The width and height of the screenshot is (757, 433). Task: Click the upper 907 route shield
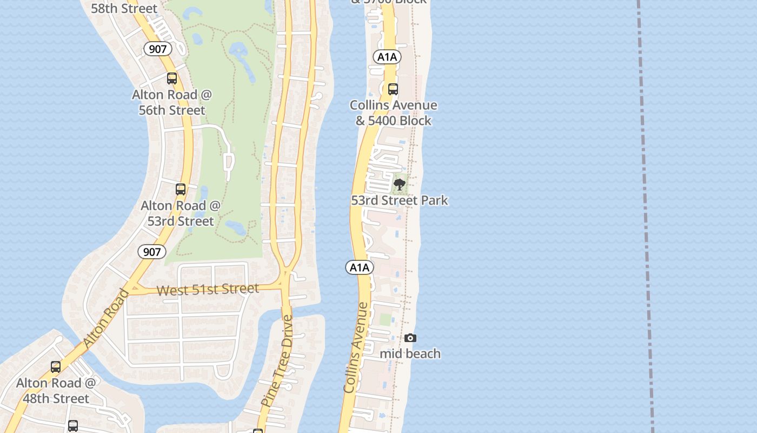pyautogui.click(x=157, y=49)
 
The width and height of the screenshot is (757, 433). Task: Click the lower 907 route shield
pyautogui.click(x=152, y=252)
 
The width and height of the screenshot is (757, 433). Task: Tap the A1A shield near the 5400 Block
pyautogui.click(x=387, y=57)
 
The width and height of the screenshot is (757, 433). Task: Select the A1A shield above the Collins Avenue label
pyautogui.click(x=360, y=267)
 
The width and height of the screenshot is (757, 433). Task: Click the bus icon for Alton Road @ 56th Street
pyautogui.click(x=172, y=78)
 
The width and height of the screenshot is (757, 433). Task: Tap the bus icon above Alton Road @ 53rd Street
pyautogui.click(x=181, y=189)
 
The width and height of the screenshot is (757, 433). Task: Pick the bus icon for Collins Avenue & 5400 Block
pyautogui.click(x=393, y=89)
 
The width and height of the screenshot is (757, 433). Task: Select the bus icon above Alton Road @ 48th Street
pyautogui.click(x=56, y=367)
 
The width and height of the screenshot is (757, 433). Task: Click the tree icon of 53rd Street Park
pyautogui.click(x=400, y=185)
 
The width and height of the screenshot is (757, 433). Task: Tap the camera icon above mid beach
pyautogui.click(x=410, y=338)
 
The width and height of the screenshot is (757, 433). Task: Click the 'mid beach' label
pyautogui.click(x=410, y=354)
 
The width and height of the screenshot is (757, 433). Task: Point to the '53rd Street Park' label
pyautogui.click(x=400, y=200)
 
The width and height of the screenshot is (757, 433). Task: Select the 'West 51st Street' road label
pyautogui.click(x=208, y=290)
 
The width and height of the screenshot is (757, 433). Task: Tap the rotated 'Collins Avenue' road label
pyautogui.click(x=356, y=347)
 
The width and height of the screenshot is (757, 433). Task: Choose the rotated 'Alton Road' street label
pyautogui.click(x=107, y=319)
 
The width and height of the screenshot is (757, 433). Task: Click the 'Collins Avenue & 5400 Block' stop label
pyautogui.click(x=393, y=113)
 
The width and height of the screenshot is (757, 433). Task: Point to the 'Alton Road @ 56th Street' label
pyautogui.click(x=172, y=102)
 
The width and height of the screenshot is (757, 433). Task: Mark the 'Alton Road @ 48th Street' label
pyautogui.click(x=56, y=391)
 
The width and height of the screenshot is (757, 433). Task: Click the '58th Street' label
pyautogui.click(x=124, y=8)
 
